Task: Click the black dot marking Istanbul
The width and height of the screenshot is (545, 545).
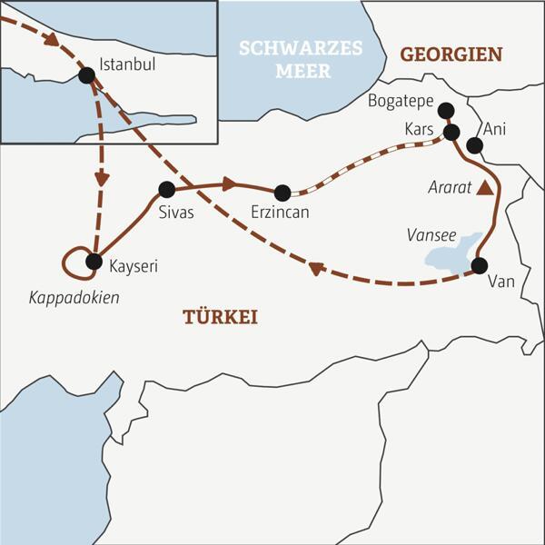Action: pos(87,75)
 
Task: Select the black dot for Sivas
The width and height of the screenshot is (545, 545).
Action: pos(166,190)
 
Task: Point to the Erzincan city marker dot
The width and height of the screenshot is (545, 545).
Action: pos(282,193)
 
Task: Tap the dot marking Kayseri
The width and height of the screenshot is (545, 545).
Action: pos(93,263)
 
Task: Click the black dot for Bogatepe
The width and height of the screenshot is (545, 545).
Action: pos(445,111)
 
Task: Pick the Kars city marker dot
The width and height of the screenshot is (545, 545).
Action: pos(451,133)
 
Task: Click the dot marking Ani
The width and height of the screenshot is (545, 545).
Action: pos(473,145)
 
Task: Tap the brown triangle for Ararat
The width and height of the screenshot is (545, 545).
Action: pos(487,188)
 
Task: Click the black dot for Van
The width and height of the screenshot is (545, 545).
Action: pos(479,266)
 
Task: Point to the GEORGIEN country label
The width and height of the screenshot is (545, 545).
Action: pos(451,54)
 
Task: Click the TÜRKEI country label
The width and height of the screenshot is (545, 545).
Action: pos(221,317)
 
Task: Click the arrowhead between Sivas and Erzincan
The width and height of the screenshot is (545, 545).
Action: pos(229,184)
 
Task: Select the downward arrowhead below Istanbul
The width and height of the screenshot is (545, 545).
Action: pos(102,178)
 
